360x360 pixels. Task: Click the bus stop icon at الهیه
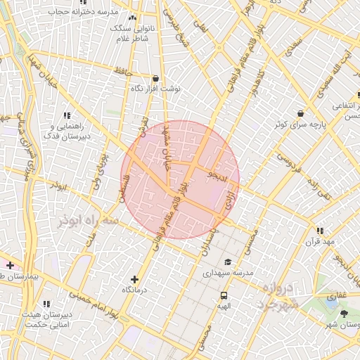[224, 295]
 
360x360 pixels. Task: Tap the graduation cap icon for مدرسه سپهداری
[227, 262]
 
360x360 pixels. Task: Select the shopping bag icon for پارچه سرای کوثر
[301, 113]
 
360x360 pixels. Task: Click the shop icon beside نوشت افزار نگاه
[155, 79]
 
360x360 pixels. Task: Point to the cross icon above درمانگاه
[135, 279]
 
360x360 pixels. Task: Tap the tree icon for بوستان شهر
[344, 314]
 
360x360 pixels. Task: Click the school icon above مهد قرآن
[321, 231]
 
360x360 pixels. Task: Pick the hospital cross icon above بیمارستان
[10, 265]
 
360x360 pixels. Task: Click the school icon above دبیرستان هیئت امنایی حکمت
[46, 303]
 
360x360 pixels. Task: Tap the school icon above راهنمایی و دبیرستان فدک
[67, 115]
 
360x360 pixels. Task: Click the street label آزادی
[231, 206]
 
